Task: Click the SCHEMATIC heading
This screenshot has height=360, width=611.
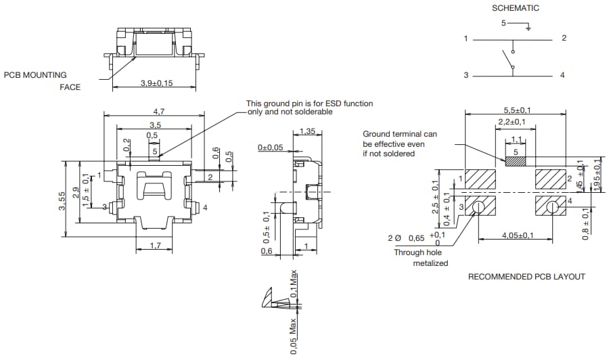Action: pos(515,8)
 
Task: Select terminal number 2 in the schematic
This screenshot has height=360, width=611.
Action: pos(564,39)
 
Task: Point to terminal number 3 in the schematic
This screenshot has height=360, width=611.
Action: pos(466,75)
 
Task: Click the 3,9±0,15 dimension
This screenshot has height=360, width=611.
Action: pos(157,83)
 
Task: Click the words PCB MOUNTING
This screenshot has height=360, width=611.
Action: pos(35,75)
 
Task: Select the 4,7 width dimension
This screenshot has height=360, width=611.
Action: pos(154,110)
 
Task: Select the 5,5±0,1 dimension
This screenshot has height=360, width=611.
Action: pos(516,110)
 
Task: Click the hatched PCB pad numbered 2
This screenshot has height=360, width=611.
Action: pos(549,179)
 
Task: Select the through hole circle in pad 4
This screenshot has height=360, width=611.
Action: pos(552,206)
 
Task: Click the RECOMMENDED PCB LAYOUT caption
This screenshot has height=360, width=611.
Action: pos(526,277)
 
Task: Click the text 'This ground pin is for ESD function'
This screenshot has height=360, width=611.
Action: pos(310,104)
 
